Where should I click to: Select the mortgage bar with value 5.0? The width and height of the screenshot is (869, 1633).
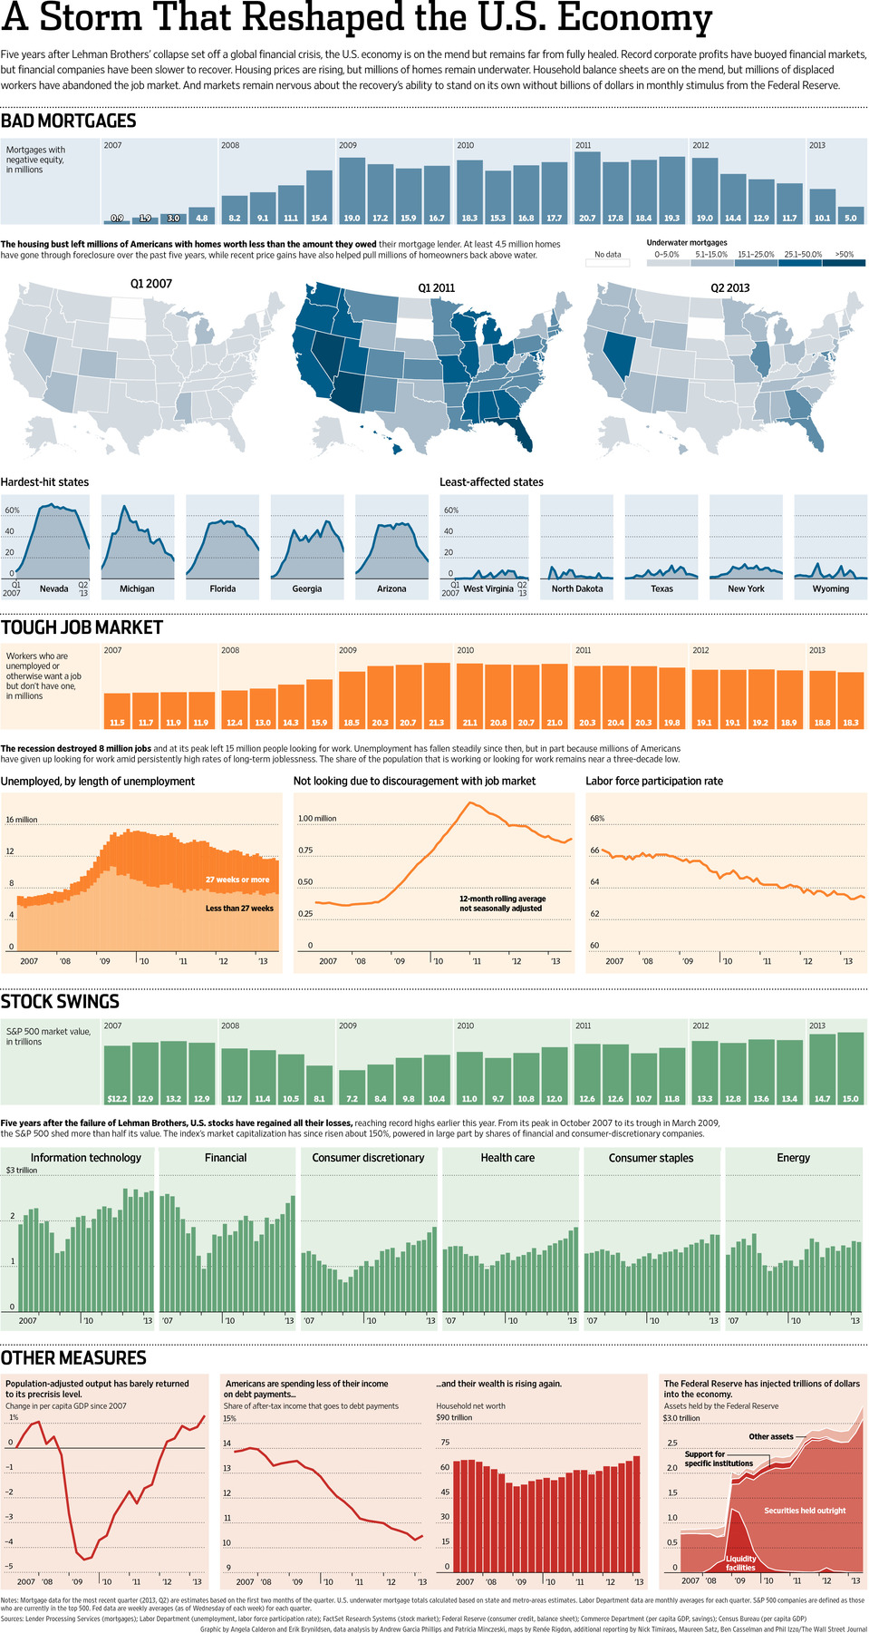coord(850,215)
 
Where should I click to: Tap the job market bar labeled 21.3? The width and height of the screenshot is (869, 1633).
coord(437,695)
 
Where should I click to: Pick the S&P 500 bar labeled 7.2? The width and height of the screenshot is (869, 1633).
coord(352,1086)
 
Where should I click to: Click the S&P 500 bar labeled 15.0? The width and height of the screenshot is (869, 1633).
coord(850,1067)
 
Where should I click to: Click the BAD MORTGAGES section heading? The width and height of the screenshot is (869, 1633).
coord(68,121)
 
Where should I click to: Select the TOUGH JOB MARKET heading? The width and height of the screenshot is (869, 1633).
coord(82,627)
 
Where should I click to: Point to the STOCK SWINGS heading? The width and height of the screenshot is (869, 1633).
coord(60,1001)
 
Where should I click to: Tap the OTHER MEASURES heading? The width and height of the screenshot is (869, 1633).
coord(73,1357)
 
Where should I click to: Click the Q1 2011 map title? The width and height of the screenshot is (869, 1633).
coord(436,287)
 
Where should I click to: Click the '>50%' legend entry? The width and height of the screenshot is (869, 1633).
coord(845,255)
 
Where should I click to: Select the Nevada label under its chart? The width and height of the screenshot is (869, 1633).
coord(53,588)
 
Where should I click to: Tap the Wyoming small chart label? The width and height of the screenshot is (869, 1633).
coord(830,588)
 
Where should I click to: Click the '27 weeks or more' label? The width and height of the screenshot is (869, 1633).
coord(237,880)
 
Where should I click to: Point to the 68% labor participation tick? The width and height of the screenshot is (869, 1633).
coord(596,818)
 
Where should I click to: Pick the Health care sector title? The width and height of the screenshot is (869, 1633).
coord(507,1158)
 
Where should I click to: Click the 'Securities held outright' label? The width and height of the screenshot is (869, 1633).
coord(804,1511)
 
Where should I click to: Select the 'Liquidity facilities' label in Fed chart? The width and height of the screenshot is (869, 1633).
coord(740,1563)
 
